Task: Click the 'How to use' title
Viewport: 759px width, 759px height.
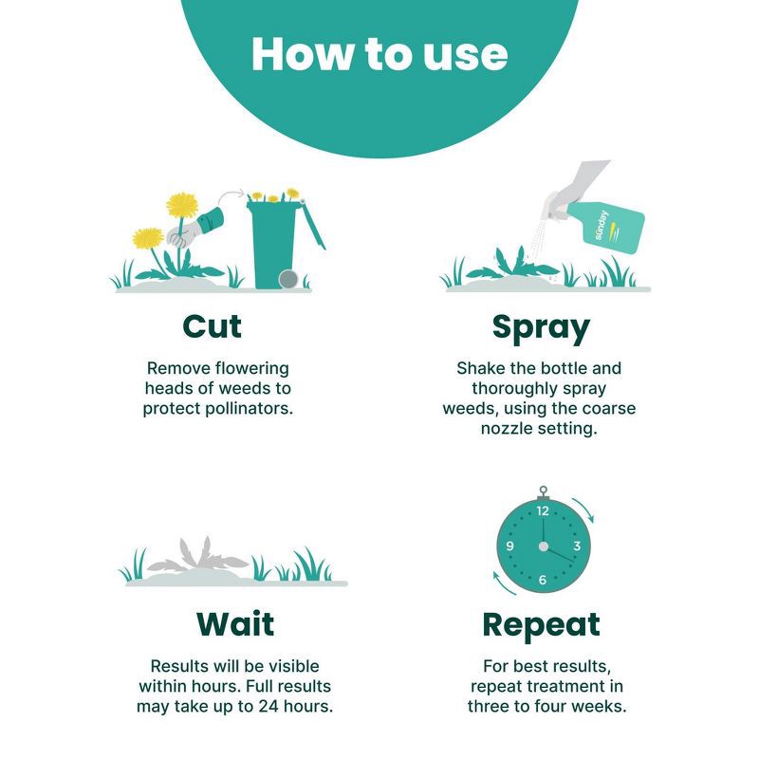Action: coord(379,54)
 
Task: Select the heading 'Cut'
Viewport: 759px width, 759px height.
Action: coord(212,326)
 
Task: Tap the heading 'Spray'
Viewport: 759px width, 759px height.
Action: coord(541,329)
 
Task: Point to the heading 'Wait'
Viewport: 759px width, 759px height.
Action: coord(235,623)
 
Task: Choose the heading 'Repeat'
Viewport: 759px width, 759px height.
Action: coord(541,626)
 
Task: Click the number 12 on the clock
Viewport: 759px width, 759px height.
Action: coord(543,510)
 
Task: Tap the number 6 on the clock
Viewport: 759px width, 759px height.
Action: coord(543,580)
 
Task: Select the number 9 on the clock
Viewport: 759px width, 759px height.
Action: coord(509,546)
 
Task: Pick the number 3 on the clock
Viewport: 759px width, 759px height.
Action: coord(577,546)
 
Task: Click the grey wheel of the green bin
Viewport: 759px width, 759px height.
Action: coord(288,279)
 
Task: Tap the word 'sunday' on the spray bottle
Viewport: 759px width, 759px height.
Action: coord(601,225)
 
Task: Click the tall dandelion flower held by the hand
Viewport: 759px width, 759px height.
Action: coord(181,205)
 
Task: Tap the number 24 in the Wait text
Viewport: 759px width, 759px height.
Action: coord(268,706)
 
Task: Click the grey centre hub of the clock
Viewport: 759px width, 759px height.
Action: coord(544,546)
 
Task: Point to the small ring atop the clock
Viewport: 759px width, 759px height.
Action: coord(543,490)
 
